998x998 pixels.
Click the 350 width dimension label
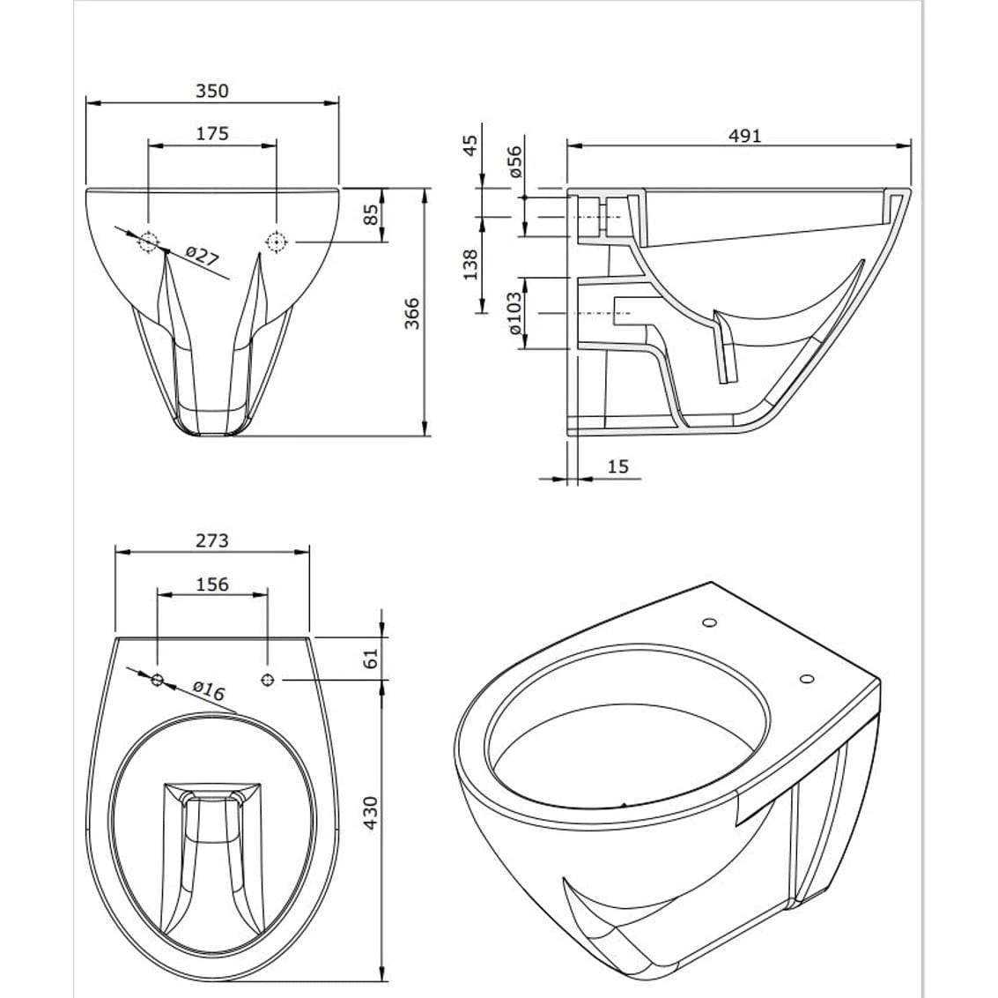pos(212,91)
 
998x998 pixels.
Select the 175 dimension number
pos(212,134)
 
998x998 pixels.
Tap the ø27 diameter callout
pos(203,256)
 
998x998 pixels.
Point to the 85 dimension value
pos(372,214)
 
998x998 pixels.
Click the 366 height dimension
pos(412,313)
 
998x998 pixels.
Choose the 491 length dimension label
pos(744,136)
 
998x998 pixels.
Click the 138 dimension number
pos(469,264)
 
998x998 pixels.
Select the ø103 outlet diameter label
pos(514,313)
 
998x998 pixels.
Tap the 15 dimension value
pos(617,466)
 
